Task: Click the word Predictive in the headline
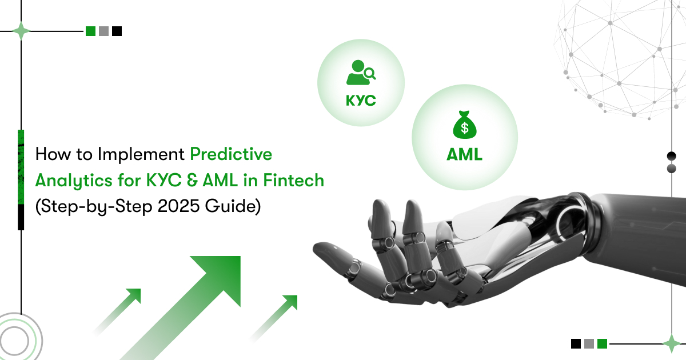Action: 231,154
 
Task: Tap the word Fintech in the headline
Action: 293,180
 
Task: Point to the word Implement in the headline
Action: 141,154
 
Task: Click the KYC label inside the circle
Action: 361,101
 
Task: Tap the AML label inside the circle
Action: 464,154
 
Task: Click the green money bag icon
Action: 465,125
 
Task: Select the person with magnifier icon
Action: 361,73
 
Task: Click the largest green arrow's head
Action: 224,273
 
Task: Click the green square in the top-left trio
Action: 91,31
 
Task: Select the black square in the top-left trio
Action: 117,31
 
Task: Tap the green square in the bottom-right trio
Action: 602,344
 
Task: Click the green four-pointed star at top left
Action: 21,31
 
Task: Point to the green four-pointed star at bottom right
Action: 672,344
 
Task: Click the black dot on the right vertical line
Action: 672,156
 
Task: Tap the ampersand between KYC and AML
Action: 192,181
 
